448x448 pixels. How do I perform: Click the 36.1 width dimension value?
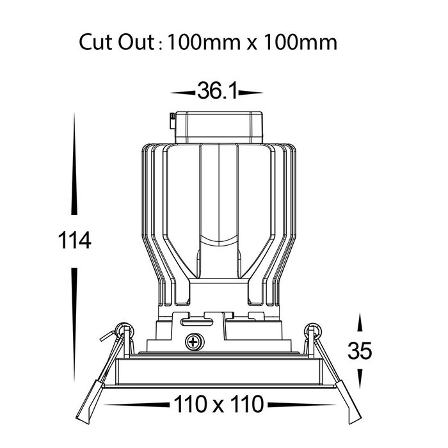pos(217,91)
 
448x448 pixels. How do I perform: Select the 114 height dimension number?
pos(74,241)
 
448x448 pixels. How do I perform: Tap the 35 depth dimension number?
pos(360,351)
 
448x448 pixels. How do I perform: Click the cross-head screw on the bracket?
pos(195,342)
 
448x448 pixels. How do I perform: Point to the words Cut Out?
pos(116,43)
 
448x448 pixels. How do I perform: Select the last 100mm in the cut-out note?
pos(300,43)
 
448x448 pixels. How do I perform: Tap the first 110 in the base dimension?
pos(190,404)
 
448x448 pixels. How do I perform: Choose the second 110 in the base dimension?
pos(247,404)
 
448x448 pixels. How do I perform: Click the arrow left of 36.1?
pos(183,93)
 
